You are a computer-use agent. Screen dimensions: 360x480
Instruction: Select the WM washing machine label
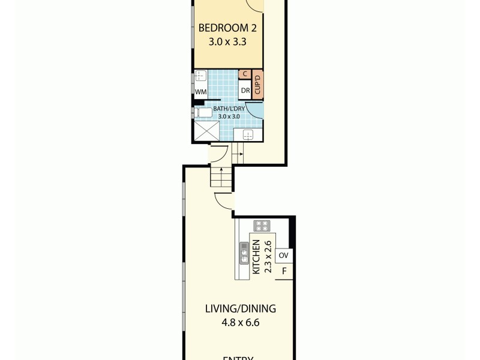coord(200,92)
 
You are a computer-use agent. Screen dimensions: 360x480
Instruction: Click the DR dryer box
coord(245,91)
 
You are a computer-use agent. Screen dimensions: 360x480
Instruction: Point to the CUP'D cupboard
coord(257,84)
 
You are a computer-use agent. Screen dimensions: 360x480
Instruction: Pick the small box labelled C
coord(245,74)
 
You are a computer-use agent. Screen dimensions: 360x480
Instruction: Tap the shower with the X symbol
coord(205,131)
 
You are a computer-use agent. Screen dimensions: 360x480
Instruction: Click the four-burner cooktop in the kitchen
coord(262,226)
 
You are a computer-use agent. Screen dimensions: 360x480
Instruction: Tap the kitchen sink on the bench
coord(244,252)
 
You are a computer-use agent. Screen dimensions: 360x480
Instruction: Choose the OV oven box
coord(284,256)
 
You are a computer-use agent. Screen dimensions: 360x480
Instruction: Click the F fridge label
coord(284,271)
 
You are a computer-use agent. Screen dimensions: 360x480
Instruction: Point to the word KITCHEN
coord(256,257)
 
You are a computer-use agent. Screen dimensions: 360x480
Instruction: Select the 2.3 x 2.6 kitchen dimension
coord(268,257)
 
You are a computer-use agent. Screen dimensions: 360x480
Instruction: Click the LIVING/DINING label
coord(240,309)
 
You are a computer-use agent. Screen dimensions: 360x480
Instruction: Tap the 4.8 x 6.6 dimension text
coord(240,323)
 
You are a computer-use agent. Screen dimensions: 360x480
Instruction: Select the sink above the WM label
coord(200,76)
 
